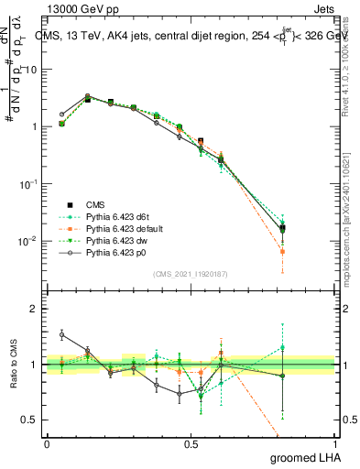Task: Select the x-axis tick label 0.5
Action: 191,443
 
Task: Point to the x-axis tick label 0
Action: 47,443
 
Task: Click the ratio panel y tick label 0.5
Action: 31,420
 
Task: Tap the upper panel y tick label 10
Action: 31,70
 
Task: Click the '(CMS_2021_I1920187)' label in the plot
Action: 191,274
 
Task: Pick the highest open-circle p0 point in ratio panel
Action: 61,335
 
